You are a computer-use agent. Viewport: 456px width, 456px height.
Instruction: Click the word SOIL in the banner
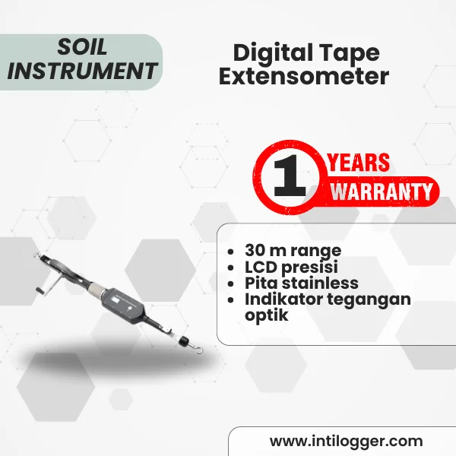82,47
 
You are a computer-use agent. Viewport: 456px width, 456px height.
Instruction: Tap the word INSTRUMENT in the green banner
82,71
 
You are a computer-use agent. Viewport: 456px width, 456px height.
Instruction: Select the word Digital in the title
273,53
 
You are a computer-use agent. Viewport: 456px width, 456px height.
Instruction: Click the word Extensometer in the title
304,77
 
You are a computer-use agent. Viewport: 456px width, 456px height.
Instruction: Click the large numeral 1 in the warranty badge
290,176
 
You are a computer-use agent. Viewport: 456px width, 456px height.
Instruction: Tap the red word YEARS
359,162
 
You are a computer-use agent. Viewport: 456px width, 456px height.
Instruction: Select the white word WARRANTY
382,192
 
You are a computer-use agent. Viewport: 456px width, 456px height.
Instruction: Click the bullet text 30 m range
293,250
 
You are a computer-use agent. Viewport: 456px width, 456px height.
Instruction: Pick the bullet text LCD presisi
291,267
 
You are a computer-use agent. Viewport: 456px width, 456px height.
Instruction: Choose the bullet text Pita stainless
302,283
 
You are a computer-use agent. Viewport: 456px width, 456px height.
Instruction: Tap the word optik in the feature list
267,315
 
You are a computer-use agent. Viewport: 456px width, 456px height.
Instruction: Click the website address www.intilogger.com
346,442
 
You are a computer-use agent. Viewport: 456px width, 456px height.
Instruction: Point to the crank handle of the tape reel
40,290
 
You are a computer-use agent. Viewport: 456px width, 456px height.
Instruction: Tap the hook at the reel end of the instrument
36,255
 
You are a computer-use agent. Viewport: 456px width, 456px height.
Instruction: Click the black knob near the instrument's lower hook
183,341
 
